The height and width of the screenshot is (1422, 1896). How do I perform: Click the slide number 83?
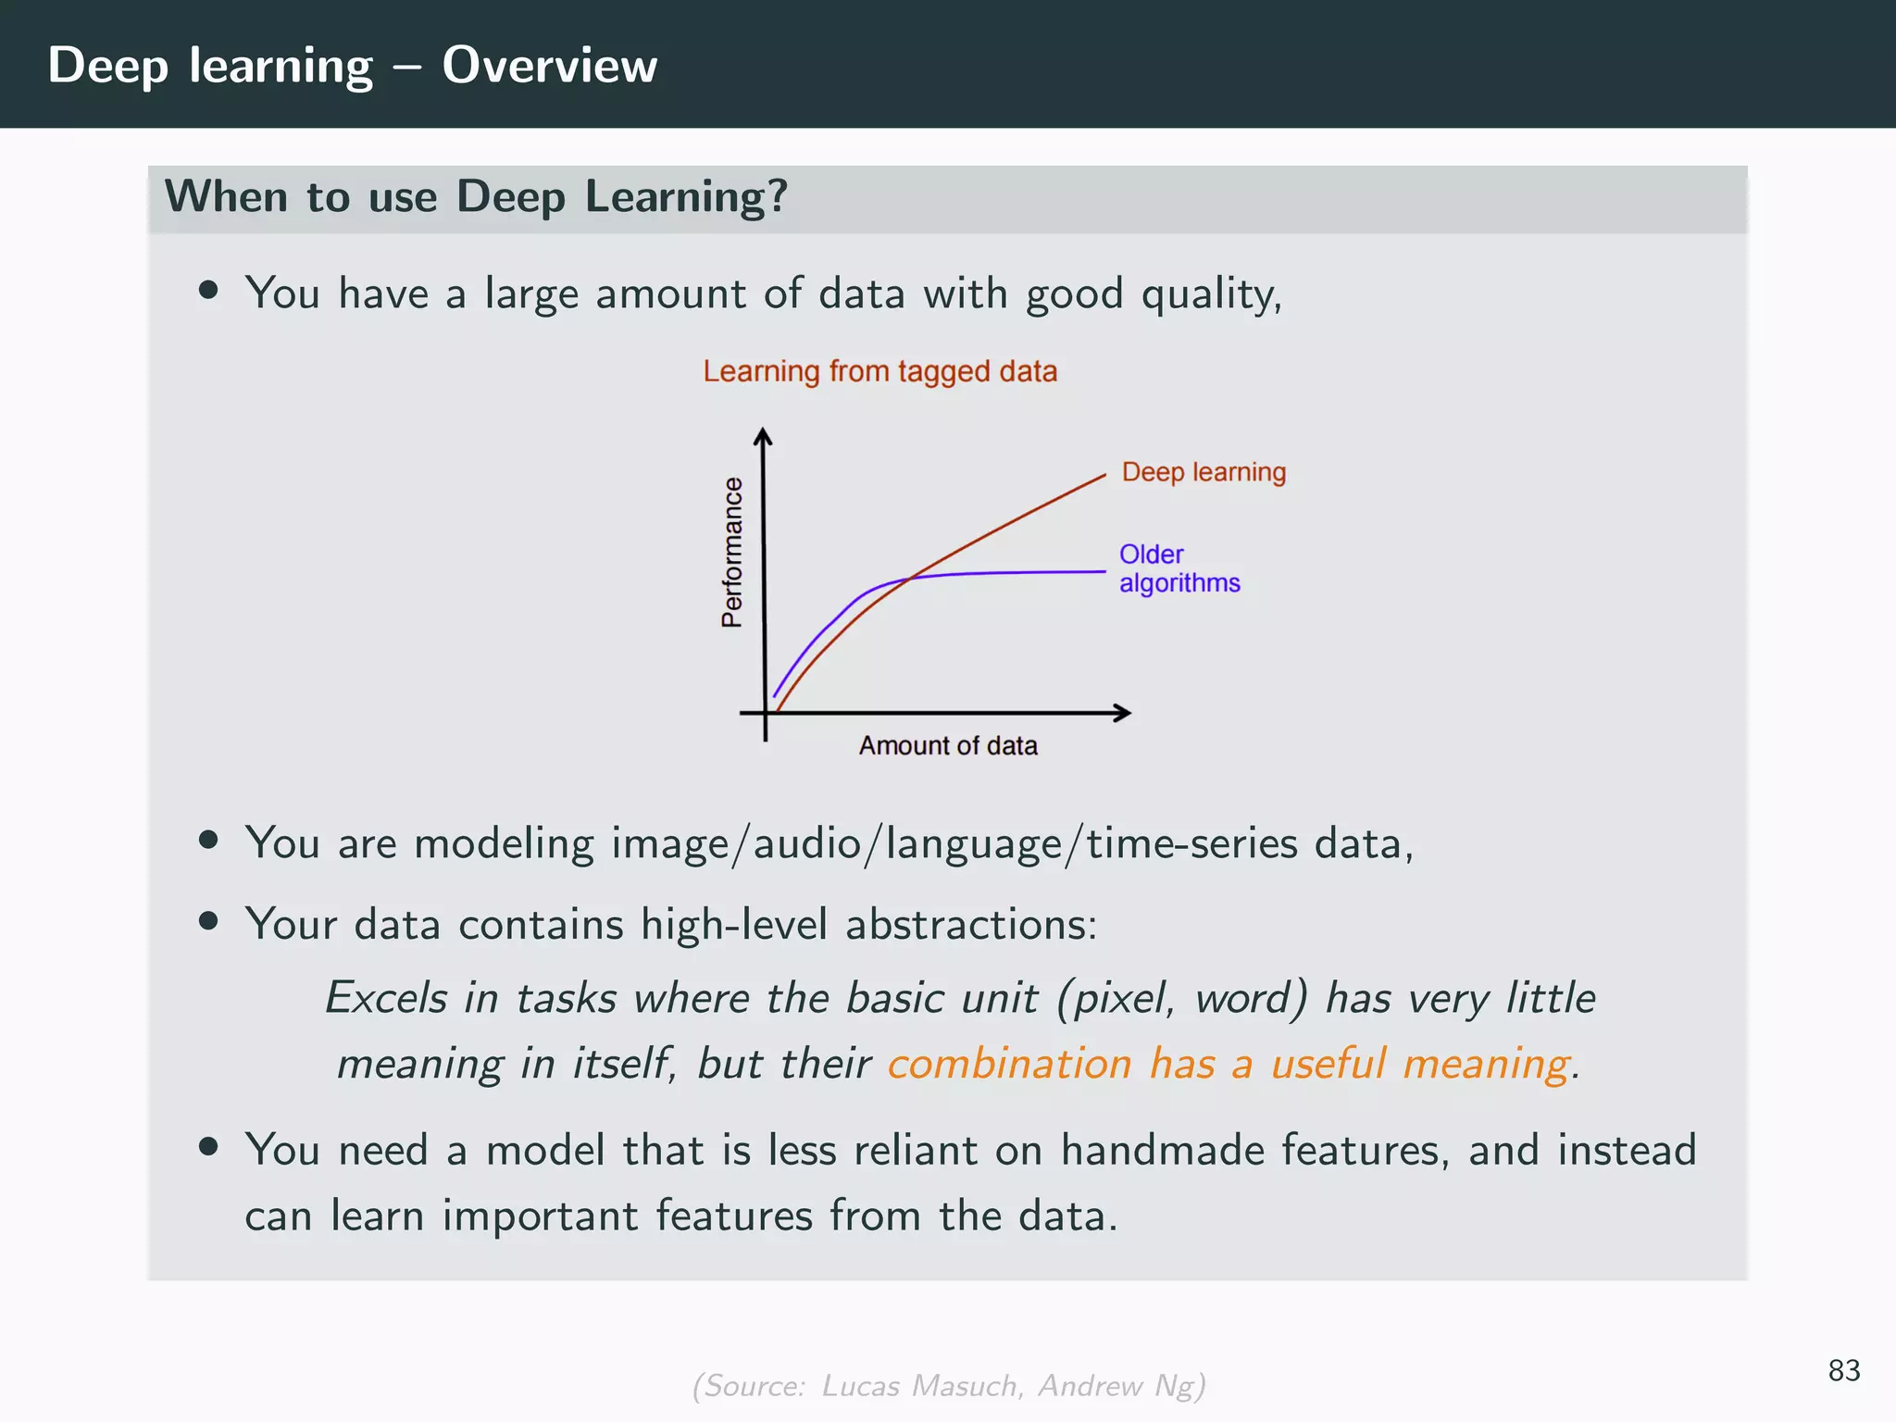1843,1370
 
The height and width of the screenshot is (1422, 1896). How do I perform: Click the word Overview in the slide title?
549,66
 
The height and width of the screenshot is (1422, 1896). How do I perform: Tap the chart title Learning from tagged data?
879,371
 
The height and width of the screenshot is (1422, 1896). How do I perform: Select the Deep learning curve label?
1204,472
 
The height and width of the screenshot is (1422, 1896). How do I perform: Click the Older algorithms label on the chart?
1179,568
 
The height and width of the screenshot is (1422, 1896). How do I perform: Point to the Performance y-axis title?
732,553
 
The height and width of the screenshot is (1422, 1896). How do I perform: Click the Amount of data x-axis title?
948,745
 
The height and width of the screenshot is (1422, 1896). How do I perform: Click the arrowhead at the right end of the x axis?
1123,713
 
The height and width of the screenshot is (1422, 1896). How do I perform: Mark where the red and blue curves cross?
910,579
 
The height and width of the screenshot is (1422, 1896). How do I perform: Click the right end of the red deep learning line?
1104,476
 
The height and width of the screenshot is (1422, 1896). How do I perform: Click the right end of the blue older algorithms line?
1104,572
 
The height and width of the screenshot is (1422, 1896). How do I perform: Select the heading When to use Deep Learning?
476,197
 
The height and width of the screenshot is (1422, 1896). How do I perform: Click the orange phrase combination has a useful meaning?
1229,1064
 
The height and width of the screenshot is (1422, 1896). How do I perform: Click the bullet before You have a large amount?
208,291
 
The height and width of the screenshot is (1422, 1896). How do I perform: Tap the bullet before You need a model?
208,1147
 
